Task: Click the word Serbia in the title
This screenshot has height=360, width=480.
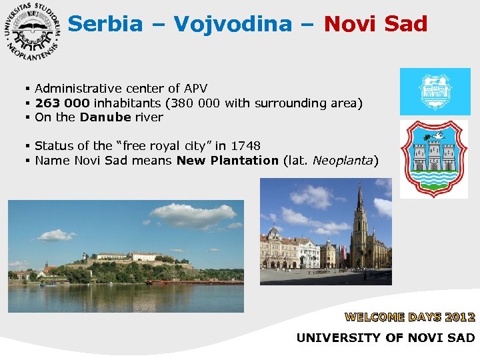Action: [105, 25]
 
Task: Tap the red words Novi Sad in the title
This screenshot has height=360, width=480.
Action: [375, 25]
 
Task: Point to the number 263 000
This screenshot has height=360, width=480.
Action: [63, 103]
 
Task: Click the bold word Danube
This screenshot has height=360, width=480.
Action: [105, 117]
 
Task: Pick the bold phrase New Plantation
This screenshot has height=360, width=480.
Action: [227, 160]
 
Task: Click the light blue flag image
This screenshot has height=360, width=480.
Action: [435, 91]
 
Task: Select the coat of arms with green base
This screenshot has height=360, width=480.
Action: [434, 159]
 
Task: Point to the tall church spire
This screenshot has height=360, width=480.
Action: [360, 200]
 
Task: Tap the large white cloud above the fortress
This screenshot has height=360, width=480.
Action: [193, 215]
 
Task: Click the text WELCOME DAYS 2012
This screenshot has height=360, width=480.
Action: [409, 317]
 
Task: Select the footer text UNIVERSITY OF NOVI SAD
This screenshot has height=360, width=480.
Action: [385, 338]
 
